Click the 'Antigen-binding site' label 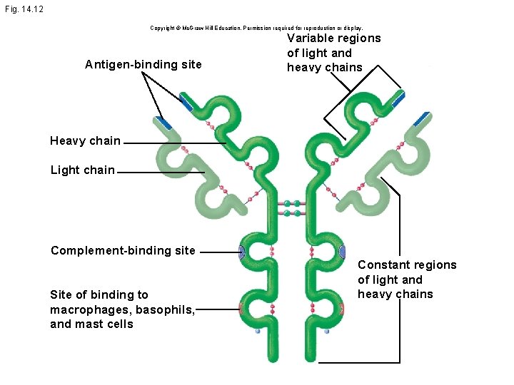pos(143,65)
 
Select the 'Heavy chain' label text pos(85,140)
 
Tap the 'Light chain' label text pos(82,170)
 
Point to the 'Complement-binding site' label pos(122,250)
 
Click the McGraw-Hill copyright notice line pos(256,28)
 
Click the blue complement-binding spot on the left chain pos(241,252)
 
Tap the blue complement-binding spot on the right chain pos(343,252)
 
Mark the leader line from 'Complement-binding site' pos(218,252)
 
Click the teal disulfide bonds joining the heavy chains pos(292,208)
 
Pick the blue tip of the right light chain pos(421,118)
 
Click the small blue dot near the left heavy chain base pos(258,332)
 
